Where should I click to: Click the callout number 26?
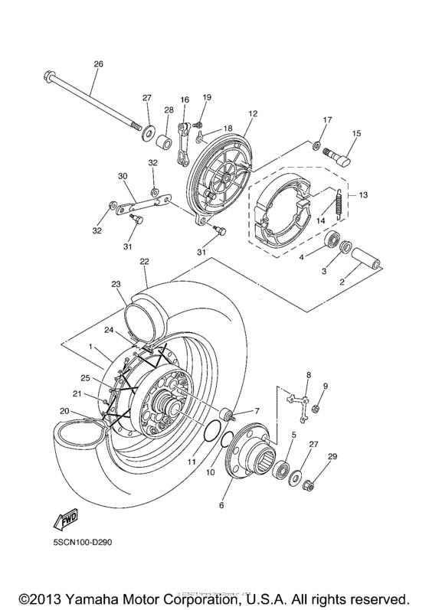[x=97, y=64]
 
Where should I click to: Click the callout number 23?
[x=116, y=283]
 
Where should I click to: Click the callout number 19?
[x=206, y=96]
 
